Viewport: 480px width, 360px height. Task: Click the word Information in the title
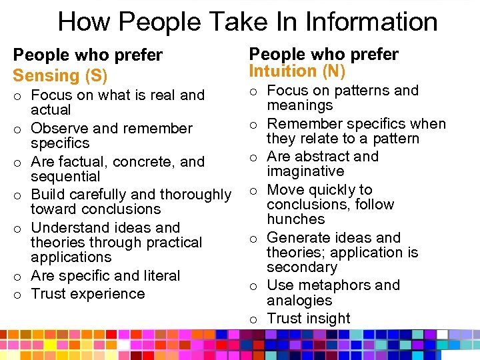click(371, 22)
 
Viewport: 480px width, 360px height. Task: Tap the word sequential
click(65, 177)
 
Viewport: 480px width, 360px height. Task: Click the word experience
click(109, 294)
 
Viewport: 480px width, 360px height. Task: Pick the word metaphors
click(337, 285)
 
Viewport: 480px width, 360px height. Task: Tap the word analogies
click(299, 301)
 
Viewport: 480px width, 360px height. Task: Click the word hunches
click(295, 219)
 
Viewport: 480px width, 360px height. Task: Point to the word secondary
click(301, 267)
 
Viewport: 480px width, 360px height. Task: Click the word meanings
click(300, 106)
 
